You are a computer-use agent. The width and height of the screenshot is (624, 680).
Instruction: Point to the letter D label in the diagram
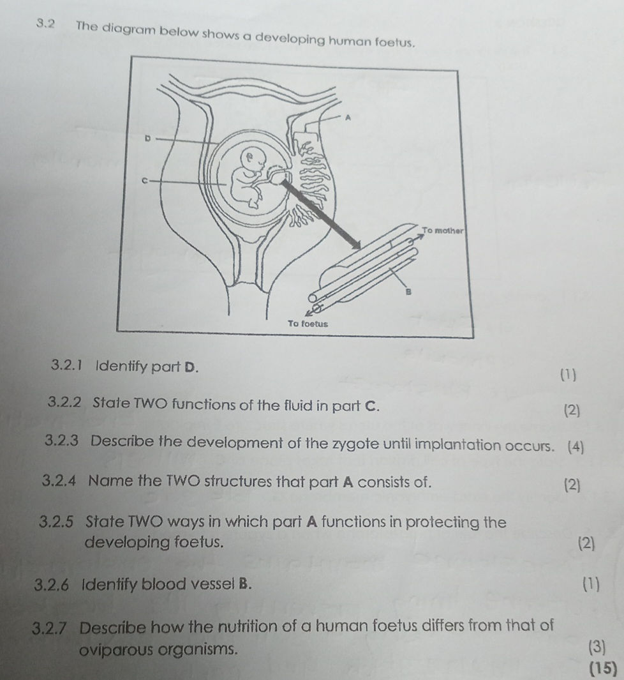point(147,137)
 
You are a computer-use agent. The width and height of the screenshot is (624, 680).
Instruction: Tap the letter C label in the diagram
point(144,181)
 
